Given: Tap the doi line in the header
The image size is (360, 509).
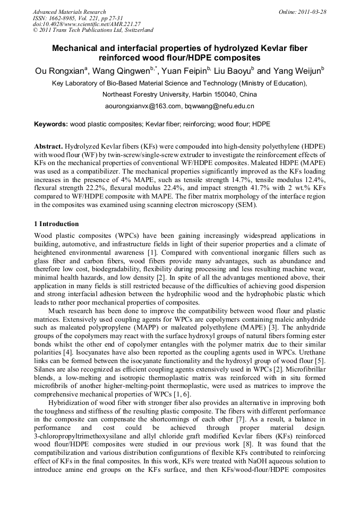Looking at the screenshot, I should [x=87, y=24].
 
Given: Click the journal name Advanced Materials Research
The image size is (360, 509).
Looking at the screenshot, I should [x=70, y=12].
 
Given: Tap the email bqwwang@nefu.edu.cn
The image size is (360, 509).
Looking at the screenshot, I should [x=219, y=106].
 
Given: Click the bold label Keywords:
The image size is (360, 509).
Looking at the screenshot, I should [x=51, y=124].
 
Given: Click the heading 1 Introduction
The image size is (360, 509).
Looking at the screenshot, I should [x=57, y=224].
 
